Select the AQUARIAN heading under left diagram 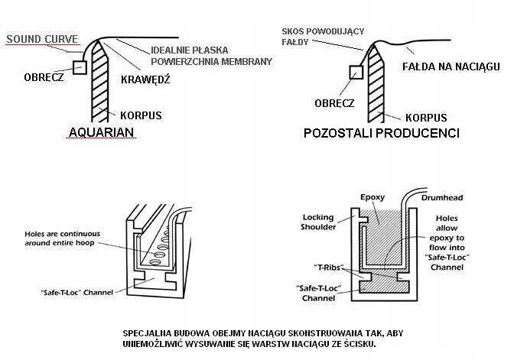[102, 132]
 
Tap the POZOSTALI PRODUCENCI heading [381, 133]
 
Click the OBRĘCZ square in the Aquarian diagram [74, 55]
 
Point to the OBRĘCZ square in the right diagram [354, 73]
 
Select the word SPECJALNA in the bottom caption [148, 334]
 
